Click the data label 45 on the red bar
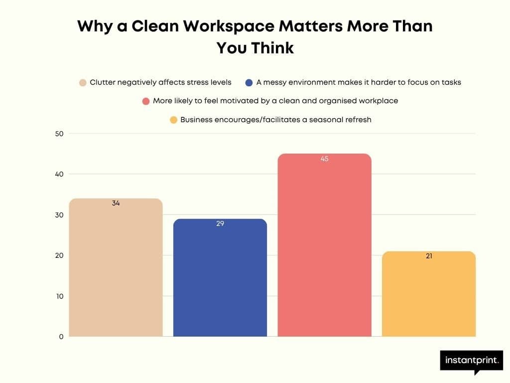[325, 159]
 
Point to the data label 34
[116, 203]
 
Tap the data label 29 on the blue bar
[220, 224]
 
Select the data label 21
[429, 256]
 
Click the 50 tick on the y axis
[59, 134]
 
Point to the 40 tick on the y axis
[59, 174]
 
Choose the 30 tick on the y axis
[59, 215]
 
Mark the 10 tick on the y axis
[59, 296]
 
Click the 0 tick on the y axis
[61, 337]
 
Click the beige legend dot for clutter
[83, 83]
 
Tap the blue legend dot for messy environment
[249, 83]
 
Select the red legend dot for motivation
[146, 101]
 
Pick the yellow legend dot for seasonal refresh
[173, 120]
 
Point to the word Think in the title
[272, 48]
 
